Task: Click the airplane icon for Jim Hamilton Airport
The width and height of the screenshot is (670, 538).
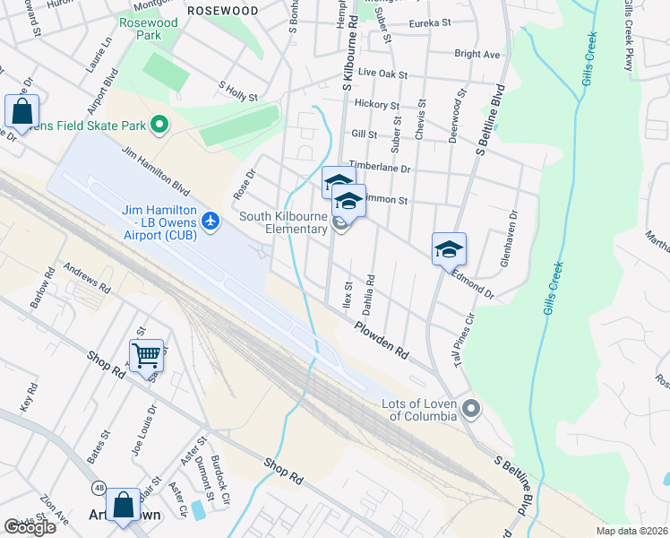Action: click(210, 221)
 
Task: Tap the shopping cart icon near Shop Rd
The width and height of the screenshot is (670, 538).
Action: click(146, 354)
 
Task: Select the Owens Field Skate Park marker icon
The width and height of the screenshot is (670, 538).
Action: click(160, 124)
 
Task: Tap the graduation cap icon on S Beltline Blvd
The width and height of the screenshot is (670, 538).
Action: click(449, 249)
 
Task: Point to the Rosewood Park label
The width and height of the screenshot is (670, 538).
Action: click(142, 28)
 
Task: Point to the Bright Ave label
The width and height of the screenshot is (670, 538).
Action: click(477, 55)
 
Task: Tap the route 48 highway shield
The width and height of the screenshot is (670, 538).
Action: click(98, 489)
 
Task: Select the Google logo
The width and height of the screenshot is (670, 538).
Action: click(30, 527)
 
